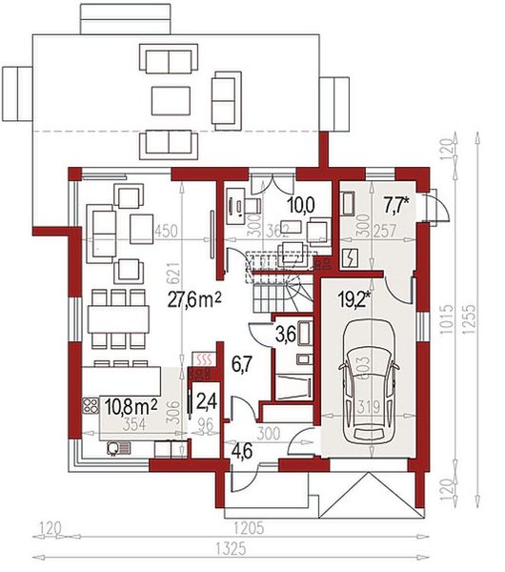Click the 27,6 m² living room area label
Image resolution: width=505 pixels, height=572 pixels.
tap(194, 299)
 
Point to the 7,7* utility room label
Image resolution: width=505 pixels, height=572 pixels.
tap(396, 203)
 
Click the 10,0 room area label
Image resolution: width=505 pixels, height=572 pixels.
tap(301, 203)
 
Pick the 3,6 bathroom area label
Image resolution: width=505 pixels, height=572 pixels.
tap(285, 335)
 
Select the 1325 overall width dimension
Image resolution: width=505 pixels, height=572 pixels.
tap(251, 548)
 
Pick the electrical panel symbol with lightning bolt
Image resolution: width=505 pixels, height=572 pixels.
tap(349, 258)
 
